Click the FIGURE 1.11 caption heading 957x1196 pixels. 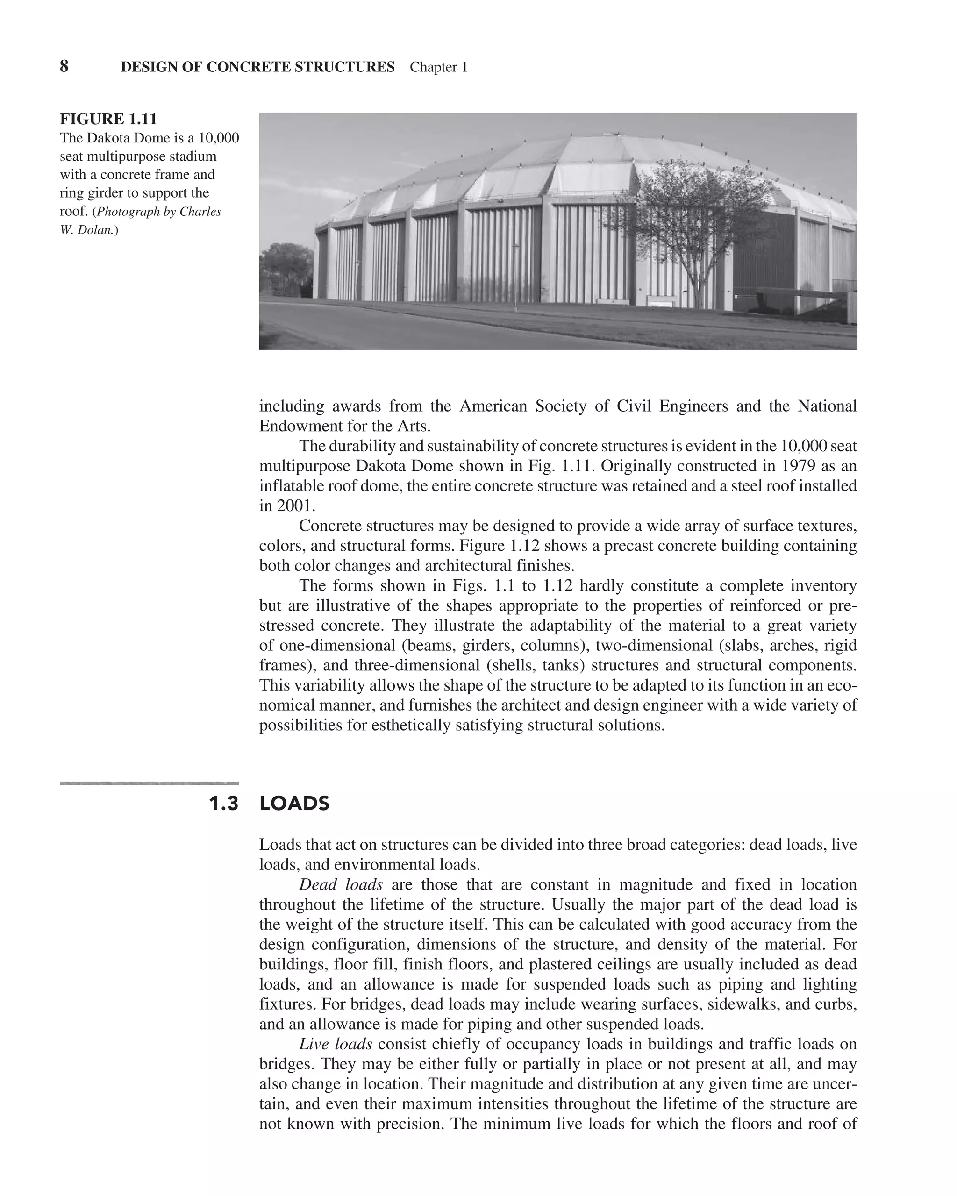tap(108, 119)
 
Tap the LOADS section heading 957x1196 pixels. tap(294, 804)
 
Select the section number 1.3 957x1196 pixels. tap(223, 804)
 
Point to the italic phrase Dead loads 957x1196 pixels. tap(341, 884)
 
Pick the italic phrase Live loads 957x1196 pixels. tap(335, 1044)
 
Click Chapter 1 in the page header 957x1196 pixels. tap(438, 67)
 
